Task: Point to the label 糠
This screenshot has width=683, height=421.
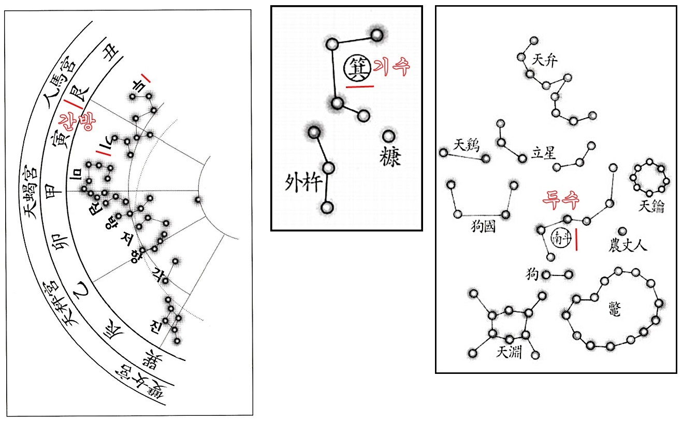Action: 389,156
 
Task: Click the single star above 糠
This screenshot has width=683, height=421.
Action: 388,136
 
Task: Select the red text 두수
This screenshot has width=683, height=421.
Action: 560,198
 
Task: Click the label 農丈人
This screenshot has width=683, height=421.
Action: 628,245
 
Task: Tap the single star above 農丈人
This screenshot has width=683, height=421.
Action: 622,231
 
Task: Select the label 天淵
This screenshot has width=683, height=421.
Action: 509,353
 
